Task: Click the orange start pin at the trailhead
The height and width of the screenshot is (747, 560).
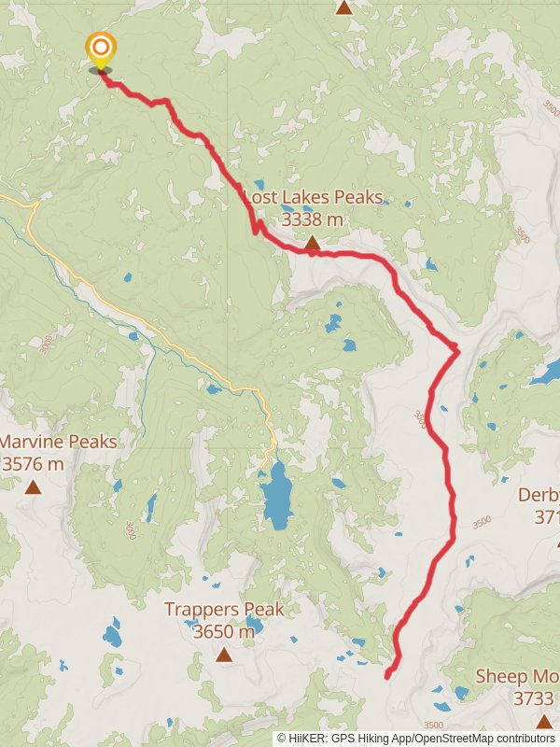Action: click(x=100, y=49)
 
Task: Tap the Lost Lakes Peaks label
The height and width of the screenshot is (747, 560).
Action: click(x=314, y=198)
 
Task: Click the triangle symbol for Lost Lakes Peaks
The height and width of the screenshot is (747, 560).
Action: click(x=313, y=244)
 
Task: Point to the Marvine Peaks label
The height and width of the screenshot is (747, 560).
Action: click(x=58, y=441)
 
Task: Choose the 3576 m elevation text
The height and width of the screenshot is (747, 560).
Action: click(x=33, y=463)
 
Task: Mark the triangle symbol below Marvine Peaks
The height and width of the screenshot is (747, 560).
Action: click(x=33, y=486)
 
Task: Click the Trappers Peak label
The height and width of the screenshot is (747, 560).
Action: click(x=224, y=609)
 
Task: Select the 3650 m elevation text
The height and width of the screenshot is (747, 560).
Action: click(x=224, y=631)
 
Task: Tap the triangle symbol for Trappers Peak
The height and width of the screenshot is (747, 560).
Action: click(x=224, y=655)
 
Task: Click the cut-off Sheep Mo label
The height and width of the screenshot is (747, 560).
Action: click(x=517, y=676)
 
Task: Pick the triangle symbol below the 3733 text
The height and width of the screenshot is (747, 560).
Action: click(x=544, y=720)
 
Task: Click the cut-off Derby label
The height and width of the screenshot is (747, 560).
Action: click(x=539, y=495)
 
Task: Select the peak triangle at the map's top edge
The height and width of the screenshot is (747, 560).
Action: click(x=344, y=7)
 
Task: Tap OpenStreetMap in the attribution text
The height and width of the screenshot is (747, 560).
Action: click(x=453, y=738)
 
